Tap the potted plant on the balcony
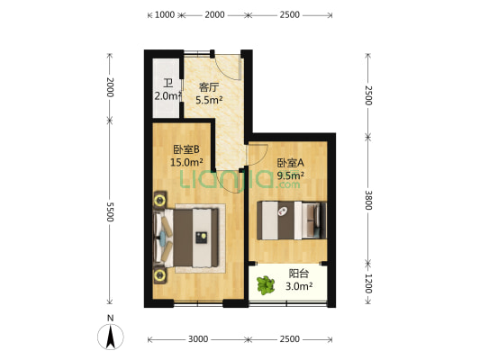[x=265, y=285]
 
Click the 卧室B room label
[x=186, y=149]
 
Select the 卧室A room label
[x=290, y=163]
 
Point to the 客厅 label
[x=209, y=87]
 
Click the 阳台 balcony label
[x=299, y=273]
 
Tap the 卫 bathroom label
[x=168, y=83]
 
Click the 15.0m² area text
[x=186, y=162]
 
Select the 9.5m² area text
[x=290, y=175]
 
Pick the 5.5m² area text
[x=209, y=100]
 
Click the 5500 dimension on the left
[x=110, y=211]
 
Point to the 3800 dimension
[x=368, y=200]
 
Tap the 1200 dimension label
[x=368, y=283]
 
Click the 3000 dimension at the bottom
[x=198, y=339]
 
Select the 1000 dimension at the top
[x=165, y=14]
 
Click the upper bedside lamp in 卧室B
[x=159, y=201]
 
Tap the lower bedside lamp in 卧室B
[x=159, y=275]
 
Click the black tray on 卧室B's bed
[x=202, y=238]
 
